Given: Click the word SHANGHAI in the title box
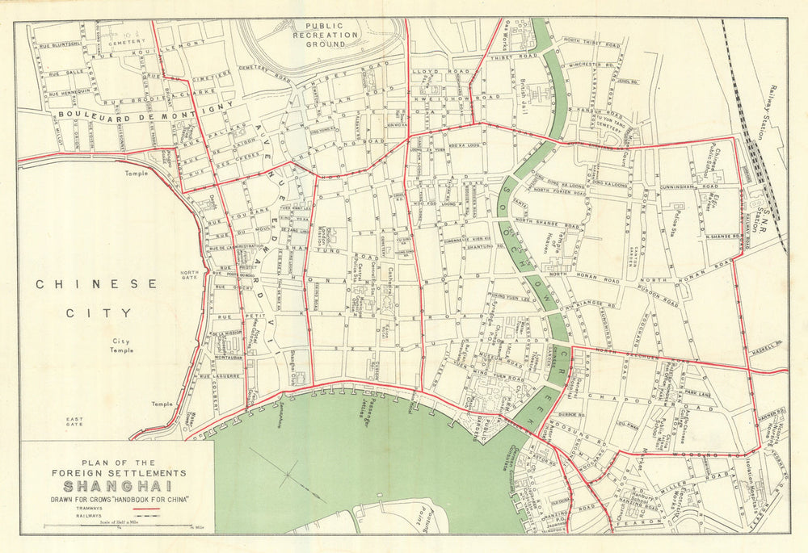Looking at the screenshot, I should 117,487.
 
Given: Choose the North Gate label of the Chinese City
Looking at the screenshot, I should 189,277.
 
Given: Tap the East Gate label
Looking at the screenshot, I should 75,421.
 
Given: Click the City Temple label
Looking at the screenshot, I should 123,346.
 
